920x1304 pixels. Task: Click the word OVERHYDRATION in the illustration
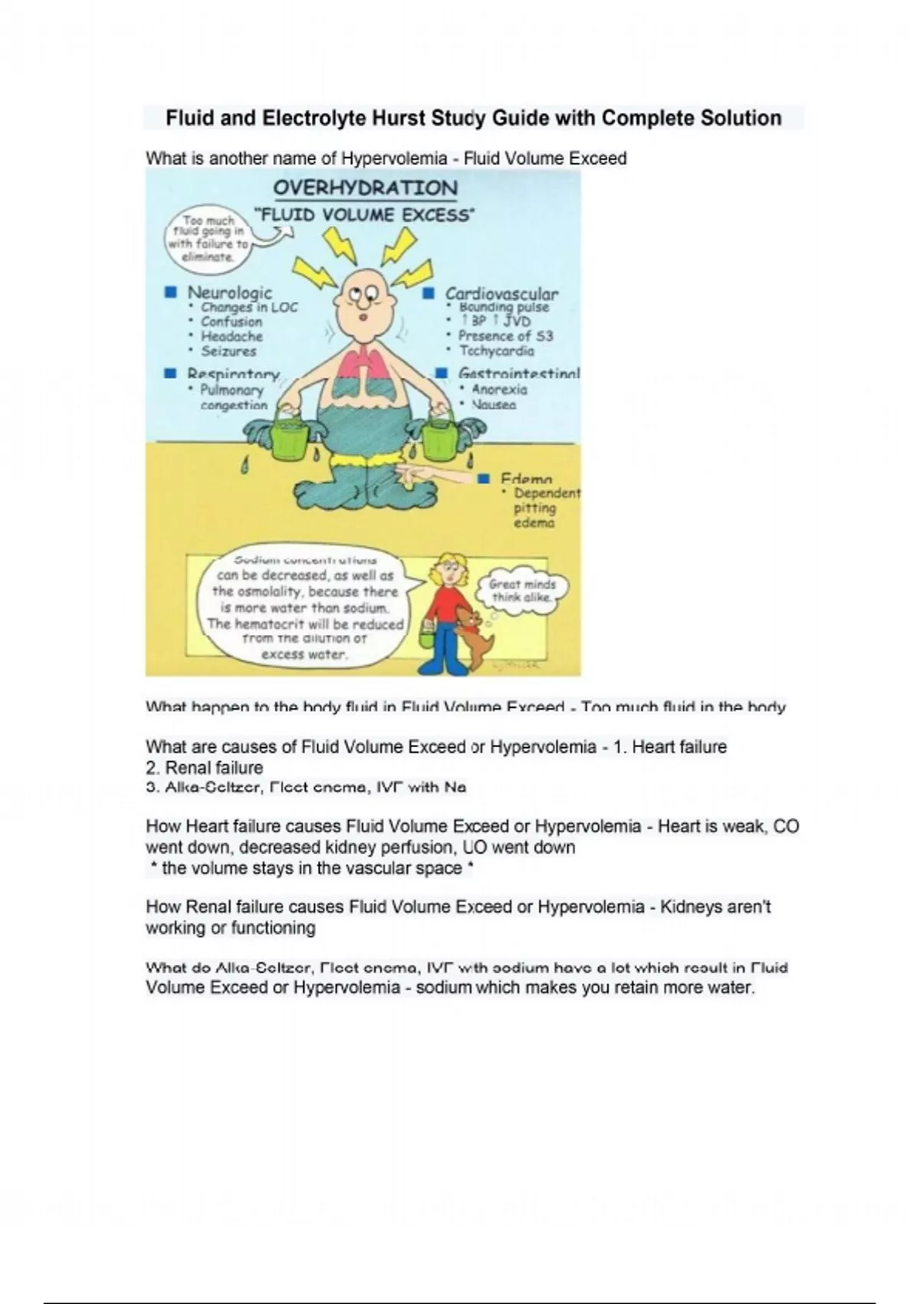365,188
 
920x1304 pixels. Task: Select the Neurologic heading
229,292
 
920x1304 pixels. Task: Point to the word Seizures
228,351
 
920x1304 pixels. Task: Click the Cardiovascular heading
501,293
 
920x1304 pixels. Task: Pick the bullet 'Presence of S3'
505,336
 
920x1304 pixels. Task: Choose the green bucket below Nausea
439,436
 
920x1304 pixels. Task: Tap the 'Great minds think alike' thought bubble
523,590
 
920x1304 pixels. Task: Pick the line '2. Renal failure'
204,768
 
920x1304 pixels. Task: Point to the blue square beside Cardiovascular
430,293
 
